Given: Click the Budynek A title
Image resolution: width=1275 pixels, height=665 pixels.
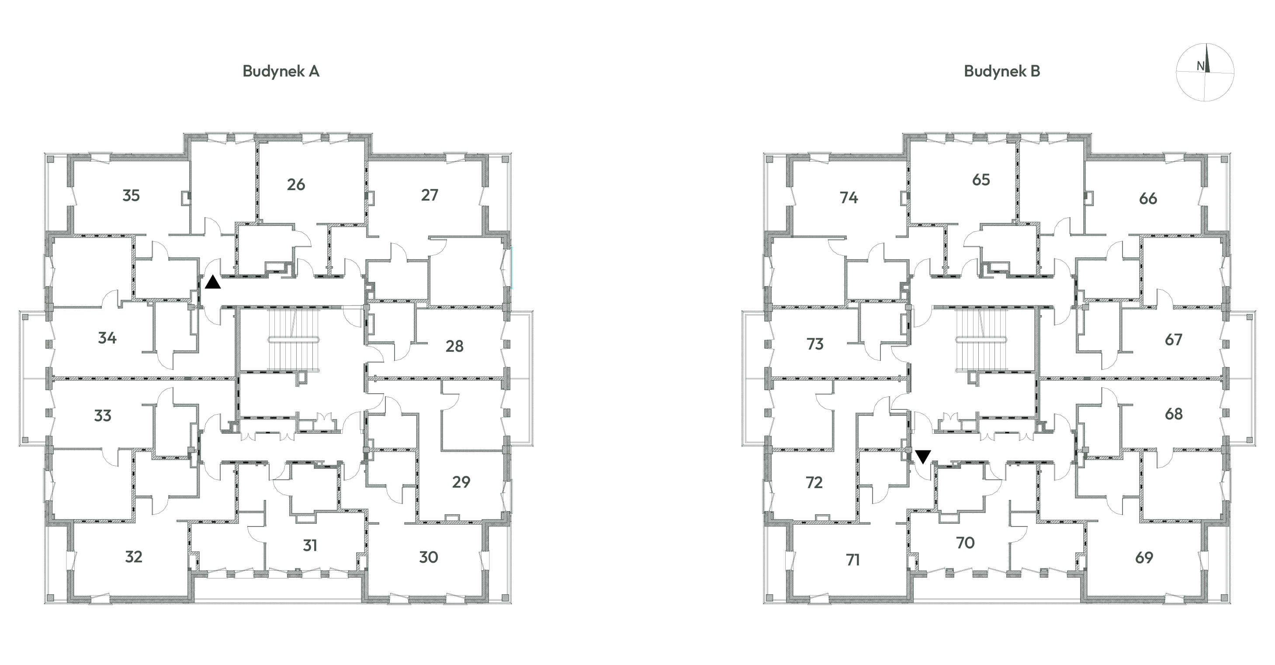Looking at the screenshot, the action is click(x=281, y=71).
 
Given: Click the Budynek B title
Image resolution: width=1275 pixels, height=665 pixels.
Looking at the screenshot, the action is click(x=1002, y=71).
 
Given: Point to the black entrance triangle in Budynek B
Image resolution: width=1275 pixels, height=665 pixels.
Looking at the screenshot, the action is click(x=923, y=457).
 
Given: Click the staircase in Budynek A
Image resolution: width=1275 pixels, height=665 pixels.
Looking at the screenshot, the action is click(x=294, y=340).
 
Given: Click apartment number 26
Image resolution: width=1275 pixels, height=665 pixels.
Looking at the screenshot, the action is click(x=296, y=184).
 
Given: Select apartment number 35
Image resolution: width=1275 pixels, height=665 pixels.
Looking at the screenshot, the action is click(x=131, y=195).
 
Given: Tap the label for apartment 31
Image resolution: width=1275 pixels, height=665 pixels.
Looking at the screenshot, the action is click(x=310, y=545).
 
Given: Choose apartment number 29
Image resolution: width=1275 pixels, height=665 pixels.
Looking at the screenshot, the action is click(x=461, y=482).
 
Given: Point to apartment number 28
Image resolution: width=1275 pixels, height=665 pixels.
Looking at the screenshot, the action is click(x=454, y=346).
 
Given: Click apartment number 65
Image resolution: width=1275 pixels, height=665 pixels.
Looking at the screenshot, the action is click(x=981, y=180).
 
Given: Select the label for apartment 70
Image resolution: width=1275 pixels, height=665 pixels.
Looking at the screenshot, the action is click(x=965, y=543).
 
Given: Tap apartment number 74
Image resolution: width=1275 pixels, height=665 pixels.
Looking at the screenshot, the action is click(x=849, y=198).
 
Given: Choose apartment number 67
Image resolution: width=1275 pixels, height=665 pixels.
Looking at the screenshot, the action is click(x=1174, y=340).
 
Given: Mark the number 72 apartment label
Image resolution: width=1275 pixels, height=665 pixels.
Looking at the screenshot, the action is click(x=814, y=482).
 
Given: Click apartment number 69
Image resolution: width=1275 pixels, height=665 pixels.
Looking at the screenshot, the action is click(x=1144, y=558).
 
